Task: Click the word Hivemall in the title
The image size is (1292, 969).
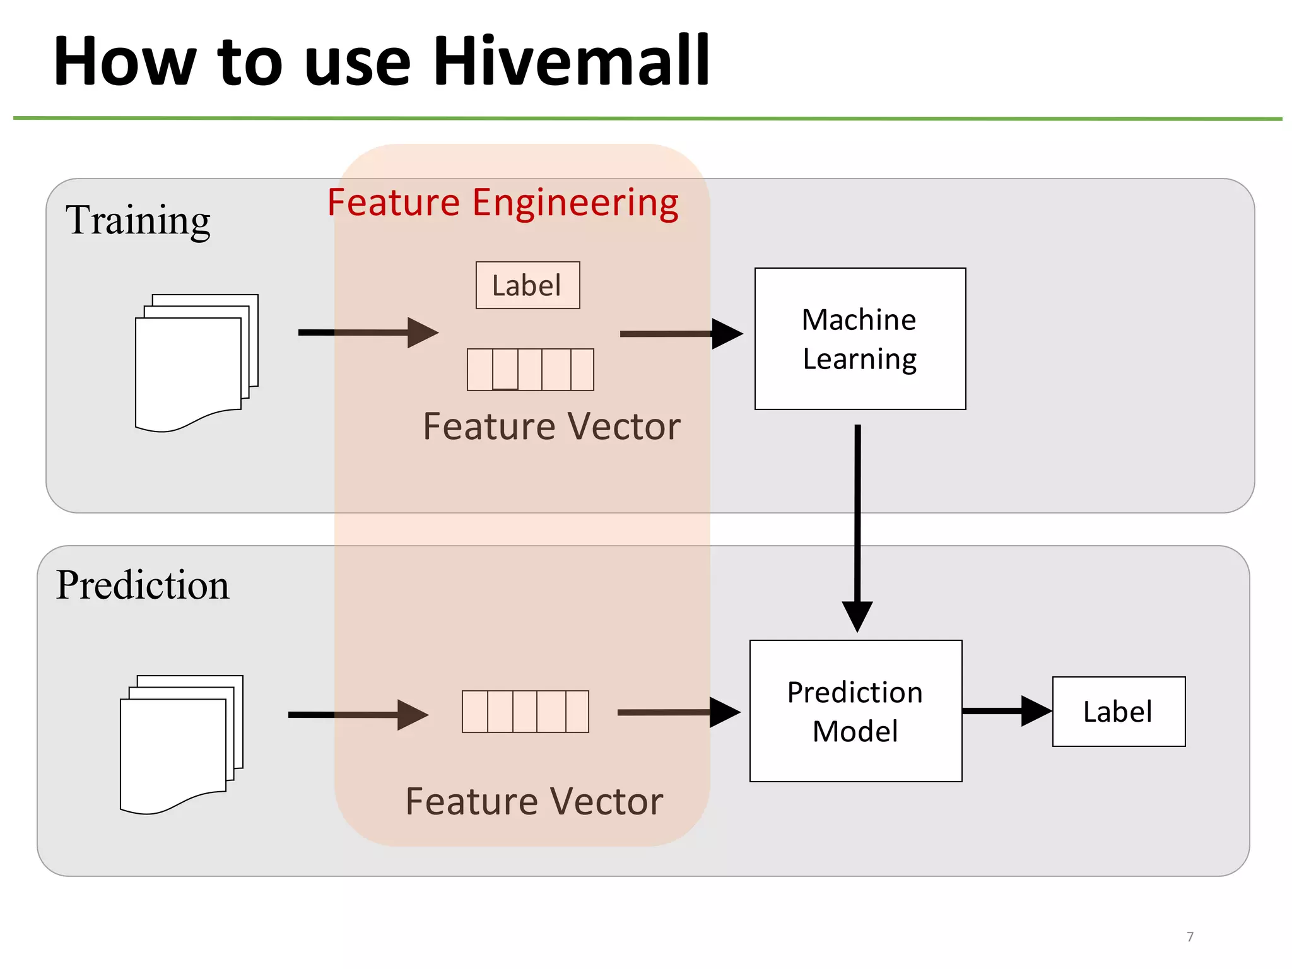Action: click(572, 61)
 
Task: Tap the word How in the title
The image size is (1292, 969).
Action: click(125, 61)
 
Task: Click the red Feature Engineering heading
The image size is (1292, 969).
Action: click(503, 203)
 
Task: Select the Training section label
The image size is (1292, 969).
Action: click(138, 220)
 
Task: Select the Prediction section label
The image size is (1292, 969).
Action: click(143, 585)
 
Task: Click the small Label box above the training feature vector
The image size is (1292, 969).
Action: click(527, 285)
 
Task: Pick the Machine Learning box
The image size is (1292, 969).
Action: click(860, 339)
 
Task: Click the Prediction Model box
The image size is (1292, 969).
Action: click(855, 711)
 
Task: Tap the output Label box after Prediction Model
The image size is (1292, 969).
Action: click(1119, 712)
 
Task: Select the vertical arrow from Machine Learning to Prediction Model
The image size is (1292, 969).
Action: click(857, 524)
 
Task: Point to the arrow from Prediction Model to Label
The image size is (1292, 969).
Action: click(1006, 711)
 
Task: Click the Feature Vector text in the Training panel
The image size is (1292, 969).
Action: click(551, 426)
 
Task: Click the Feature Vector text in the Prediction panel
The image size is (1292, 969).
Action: click(534, 802)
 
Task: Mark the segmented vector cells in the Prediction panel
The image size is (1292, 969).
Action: click(525, 711)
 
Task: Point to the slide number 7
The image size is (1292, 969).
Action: click(1190, 936)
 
